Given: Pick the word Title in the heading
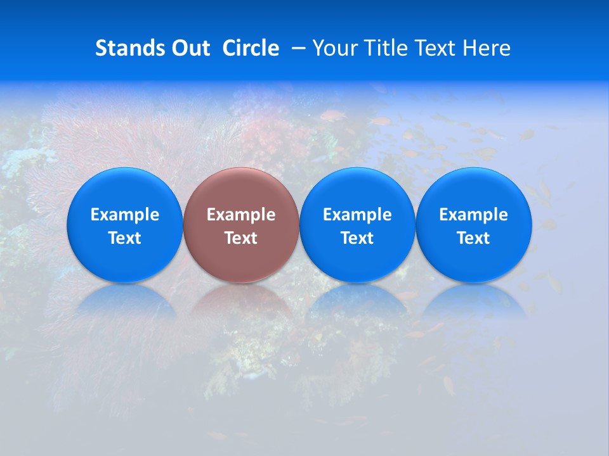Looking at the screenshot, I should pos(384,48).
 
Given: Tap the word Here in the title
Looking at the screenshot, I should pos(487,48).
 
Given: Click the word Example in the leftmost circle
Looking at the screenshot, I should pos(125,215).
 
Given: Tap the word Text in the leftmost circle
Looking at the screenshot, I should pos(125,238).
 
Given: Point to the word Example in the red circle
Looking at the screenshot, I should pos(241,215).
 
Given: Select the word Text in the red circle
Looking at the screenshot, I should pos(241,238).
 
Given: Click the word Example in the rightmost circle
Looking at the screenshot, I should pos(474,215).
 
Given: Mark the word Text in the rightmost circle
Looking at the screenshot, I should pos(474,238).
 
